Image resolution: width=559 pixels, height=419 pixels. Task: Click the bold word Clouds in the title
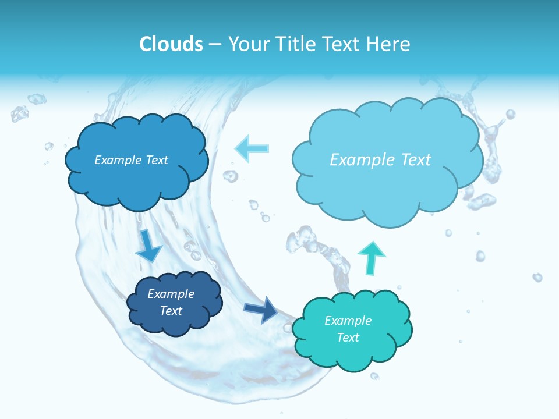(171, 44)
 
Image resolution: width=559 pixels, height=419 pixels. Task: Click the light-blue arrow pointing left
(252, 148)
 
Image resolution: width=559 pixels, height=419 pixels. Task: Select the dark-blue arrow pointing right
(261, 310)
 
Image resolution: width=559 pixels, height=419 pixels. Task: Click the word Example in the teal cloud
(348, 321)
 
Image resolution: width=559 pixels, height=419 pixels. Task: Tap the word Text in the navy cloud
(171, 311)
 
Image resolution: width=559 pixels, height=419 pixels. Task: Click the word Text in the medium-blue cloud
(156, 160)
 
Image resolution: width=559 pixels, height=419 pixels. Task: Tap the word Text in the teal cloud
(348, 338)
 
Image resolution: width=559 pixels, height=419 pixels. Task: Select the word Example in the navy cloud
(171, 294)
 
